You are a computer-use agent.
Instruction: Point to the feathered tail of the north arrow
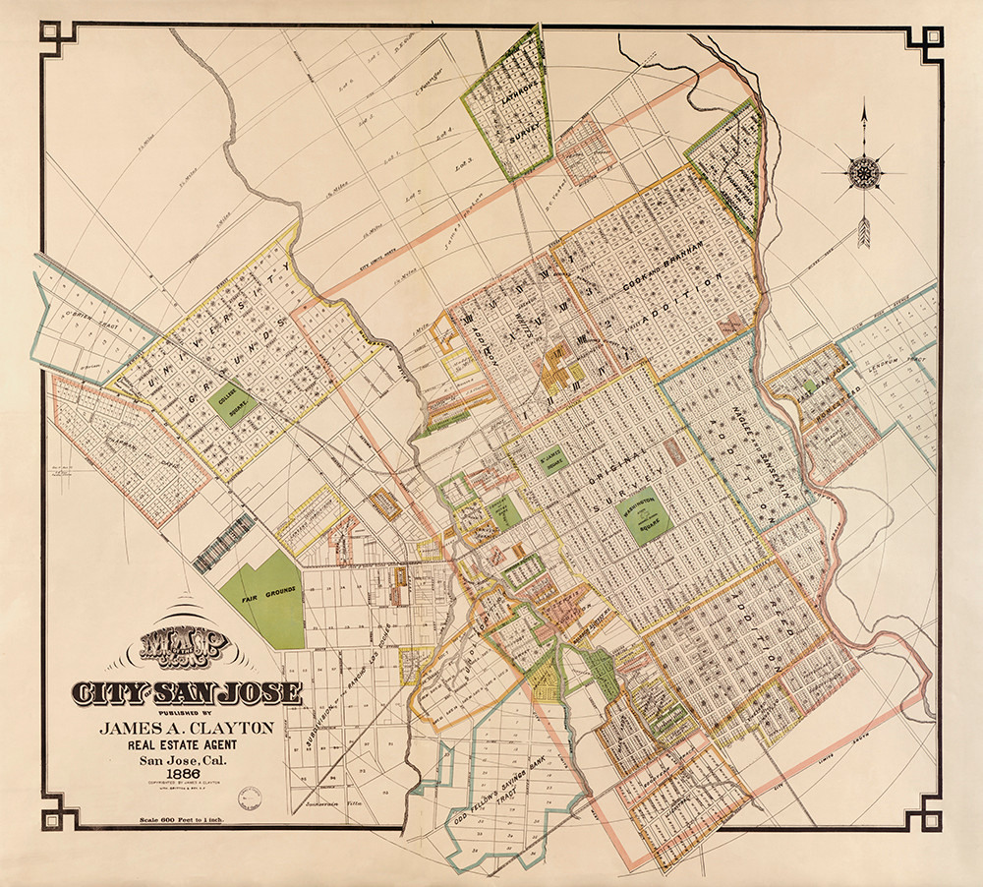point(864,232)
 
